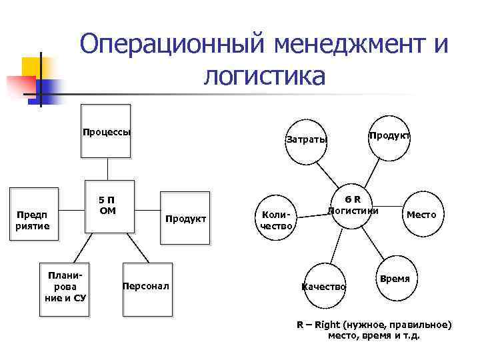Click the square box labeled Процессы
(106, 131)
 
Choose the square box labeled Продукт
(185, 218)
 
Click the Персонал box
(147, 287)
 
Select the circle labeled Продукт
(389, 135)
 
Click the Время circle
(395, 278)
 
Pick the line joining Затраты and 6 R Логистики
(331, 175)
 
